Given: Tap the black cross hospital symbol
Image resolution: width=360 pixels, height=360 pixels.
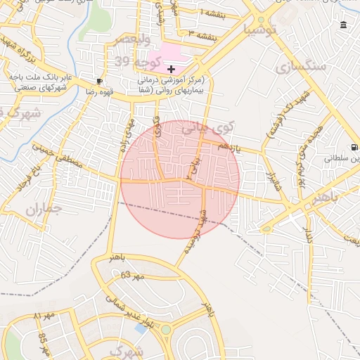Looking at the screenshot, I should coord(172,68).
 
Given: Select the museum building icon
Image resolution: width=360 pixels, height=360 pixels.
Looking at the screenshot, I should coord(343,25).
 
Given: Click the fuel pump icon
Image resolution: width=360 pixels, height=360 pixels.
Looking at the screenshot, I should coord(354,147).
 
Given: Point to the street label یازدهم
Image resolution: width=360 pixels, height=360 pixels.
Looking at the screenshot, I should coord(229,147).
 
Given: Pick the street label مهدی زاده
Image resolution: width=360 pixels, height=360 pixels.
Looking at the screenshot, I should coord(126,135).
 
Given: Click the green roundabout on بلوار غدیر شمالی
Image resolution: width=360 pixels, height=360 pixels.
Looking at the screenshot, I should coord(166,329).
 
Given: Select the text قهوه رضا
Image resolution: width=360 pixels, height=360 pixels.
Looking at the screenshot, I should coord(81,91).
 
